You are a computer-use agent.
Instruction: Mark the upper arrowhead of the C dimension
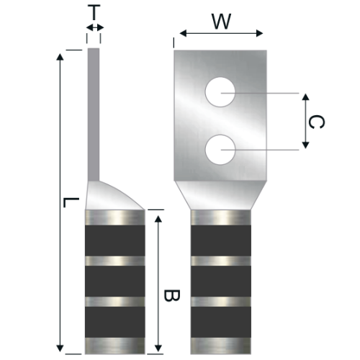(305, 97)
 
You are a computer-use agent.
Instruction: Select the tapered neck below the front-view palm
(220, 194)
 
